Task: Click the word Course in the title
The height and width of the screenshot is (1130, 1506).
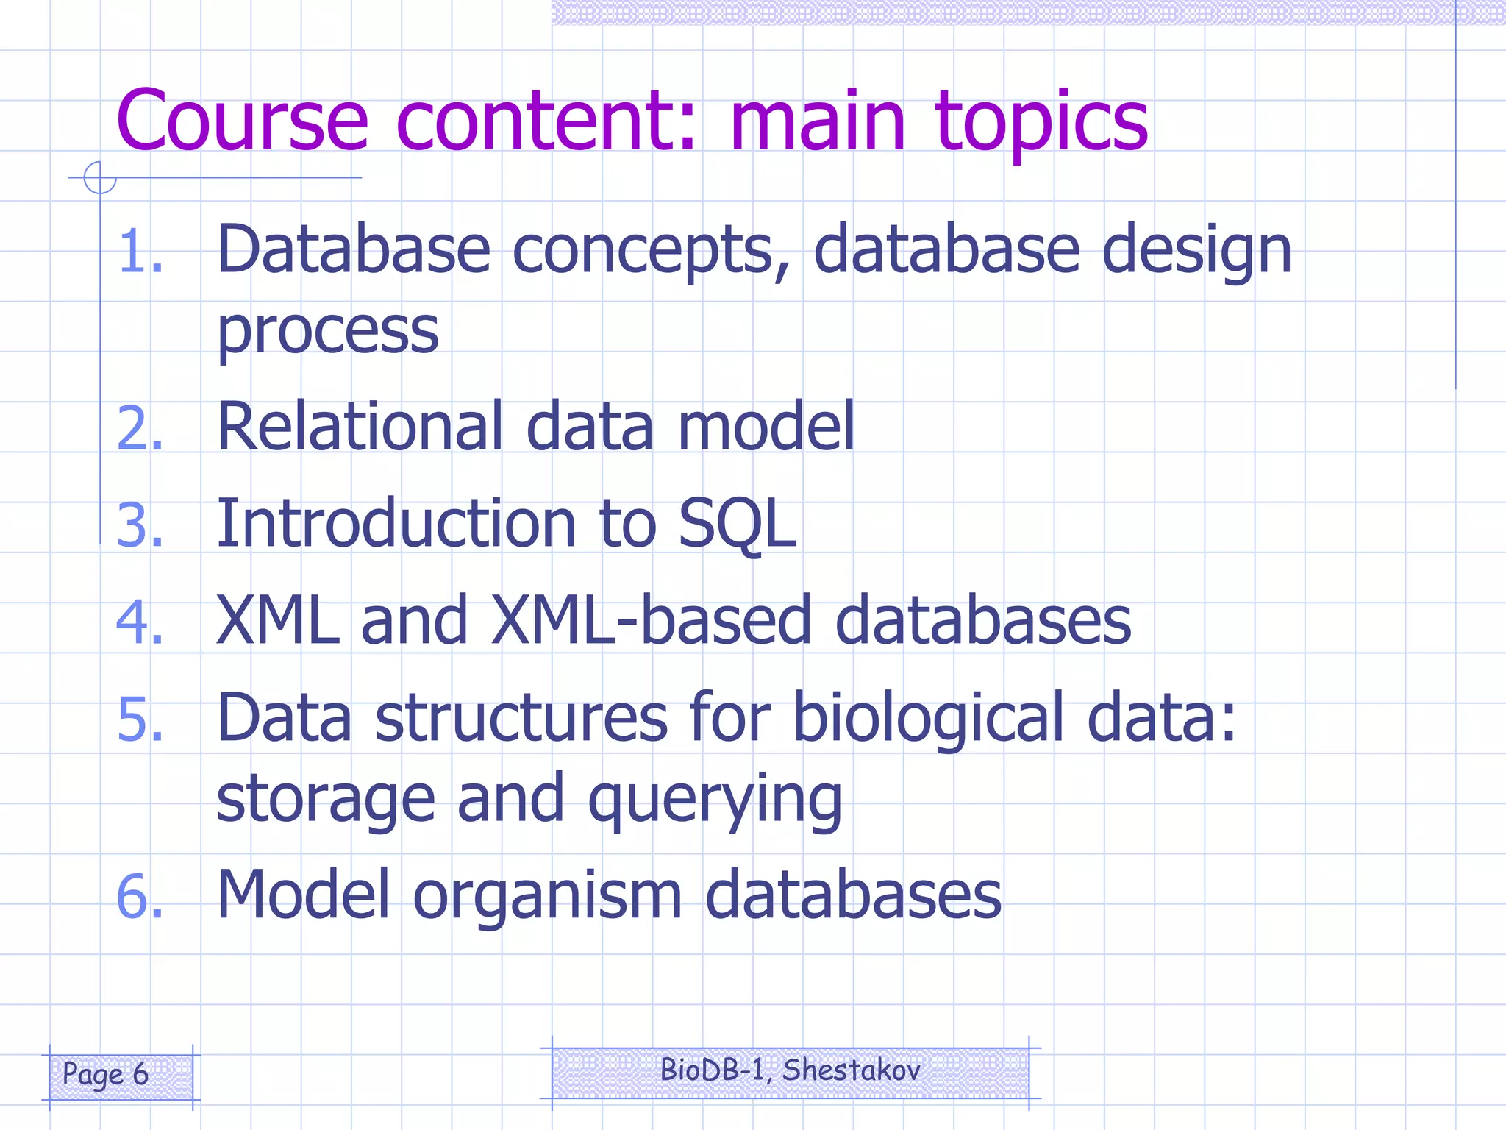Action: click(242, 121)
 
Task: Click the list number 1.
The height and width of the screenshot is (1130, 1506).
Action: click(139, 252)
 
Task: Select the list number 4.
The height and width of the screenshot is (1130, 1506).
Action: click(139, 622)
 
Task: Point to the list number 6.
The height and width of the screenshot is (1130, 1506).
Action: click(139, 897)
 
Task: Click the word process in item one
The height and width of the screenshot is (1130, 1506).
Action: click(328, 331)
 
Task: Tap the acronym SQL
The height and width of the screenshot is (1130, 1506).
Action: click(737, 523)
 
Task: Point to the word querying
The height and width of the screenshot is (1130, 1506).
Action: click(714, 800)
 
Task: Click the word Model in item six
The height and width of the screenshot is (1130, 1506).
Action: click(303, 895)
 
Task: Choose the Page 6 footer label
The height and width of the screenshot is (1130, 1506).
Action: click(106, 1075)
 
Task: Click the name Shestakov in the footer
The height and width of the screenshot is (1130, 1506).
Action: click(851, 1070)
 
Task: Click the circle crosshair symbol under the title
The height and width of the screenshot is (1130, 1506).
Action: click(99, 178)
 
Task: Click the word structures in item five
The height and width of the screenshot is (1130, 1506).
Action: click(521, 719)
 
